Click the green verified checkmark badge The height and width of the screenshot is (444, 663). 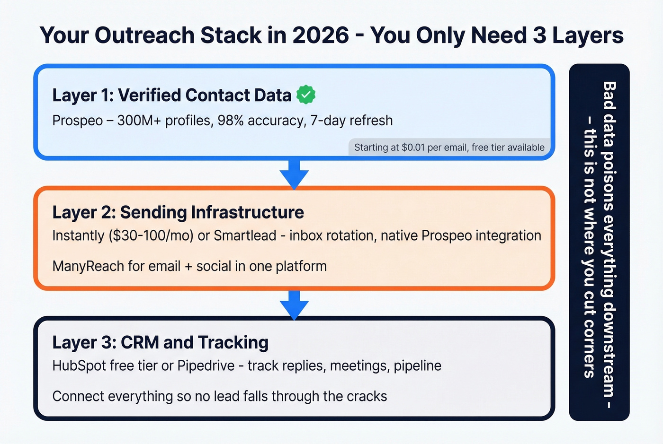tap(306, 95)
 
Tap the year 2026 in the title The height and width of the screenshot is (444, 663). tap(321, 35)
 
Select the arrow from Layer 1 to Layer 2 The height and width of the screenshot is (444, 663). tap(294, 174)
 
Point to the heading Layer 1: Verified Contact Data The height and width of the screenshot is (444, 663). tap(171, 95)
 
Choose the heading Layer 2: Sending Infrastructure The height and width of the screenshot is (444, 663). tap(178, 212)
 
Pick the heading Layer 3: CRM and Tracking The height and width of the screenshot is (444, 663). tap(160, 342)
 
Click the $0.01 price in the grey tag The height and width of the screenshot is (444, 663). tap(413, 148)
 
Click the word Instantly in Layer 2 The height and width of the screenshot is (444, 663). tap(78, 235)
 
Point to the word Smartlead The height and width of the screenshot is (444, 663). tap(245, 235)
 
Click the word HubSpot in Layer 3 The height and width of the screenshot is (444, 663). tap(79, 366)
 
